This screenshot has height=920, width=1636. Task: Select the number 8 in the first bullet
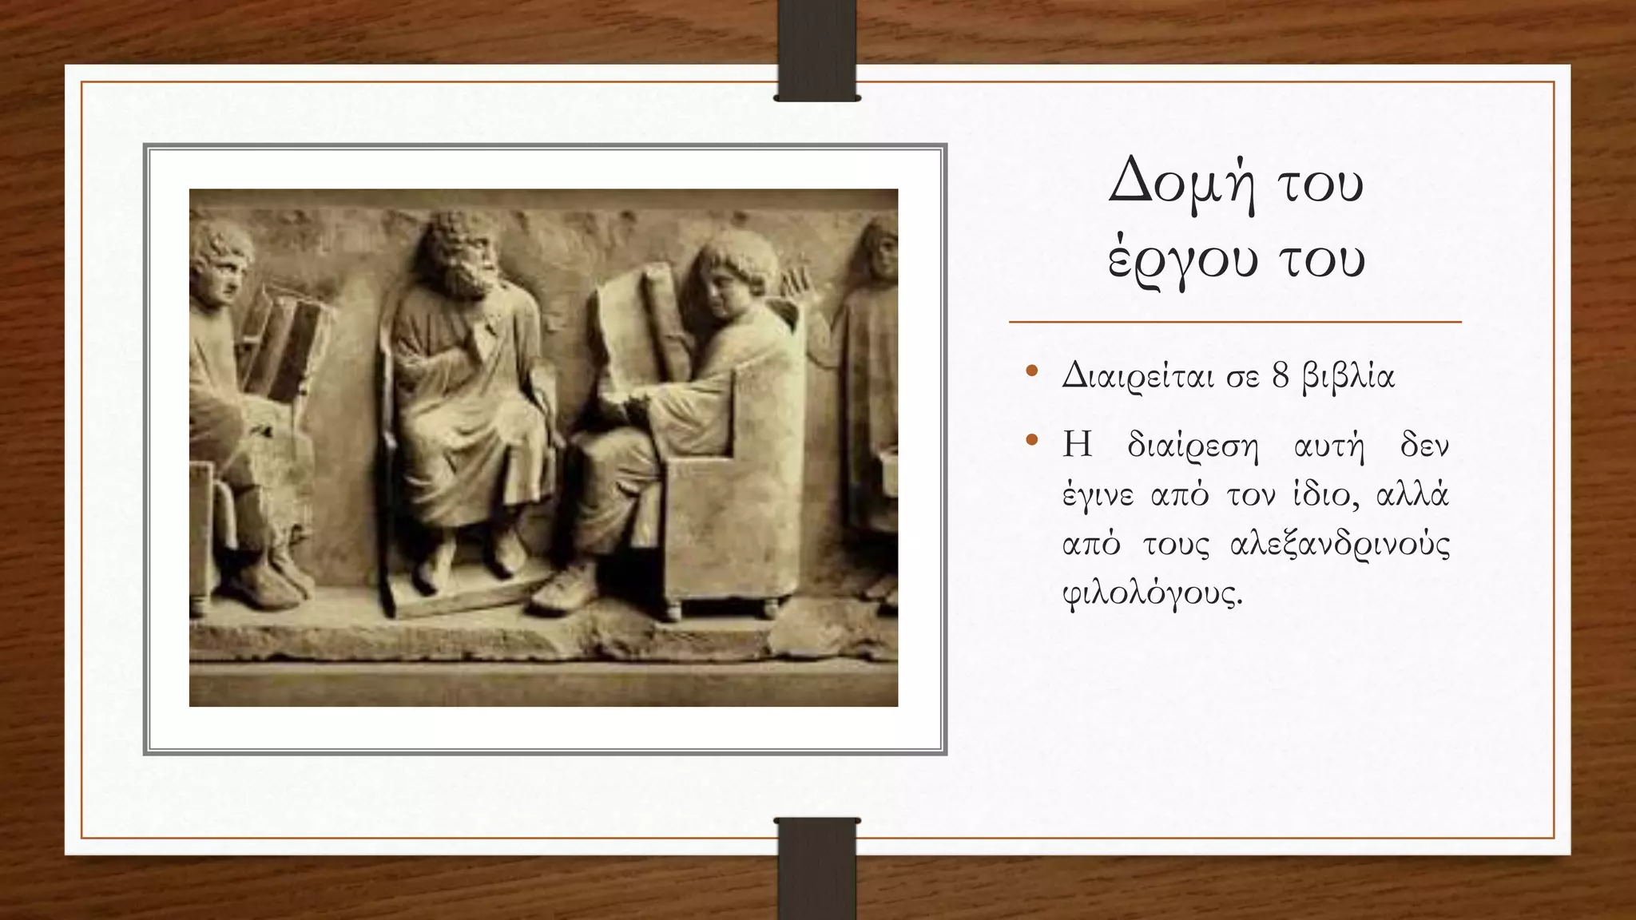pos(1281,376)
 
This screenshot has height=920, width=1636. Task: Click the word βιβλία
pos(1348,376)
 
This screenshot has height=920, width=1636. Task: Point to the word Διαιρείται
pos(1141,376)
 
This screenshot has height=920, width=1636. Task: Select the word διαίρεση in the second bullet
pos(1192,446)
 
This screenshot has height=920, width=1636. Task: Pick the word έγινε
pos(1098,496)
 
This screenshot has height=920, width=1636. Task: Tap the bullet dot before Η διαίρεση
pos(1031,440)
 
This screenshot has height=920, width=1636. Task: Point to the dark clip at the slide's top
pos(816,50)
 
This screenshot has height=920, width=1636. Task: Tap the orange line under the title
pos(1235,323)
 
